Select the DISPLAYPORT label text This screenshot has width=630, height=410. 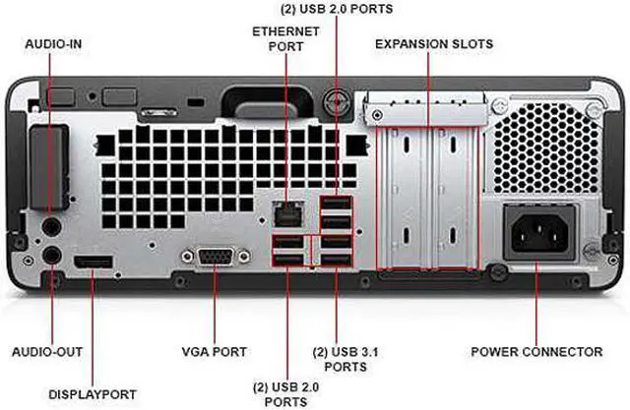pos(93,394)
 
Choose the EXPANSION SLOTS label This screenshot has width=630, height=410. pos(433,44)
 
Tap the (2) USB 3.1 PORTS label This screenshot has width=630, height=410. pos(341,358)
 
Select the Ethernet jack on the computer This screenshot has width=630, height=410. pos(286,210)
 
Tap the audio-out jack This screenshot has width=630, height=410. pos(52,256)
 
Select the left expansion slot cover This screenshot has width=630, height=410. pos(404,197)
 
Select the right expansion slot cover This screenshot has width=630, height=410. pos(454,197)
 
